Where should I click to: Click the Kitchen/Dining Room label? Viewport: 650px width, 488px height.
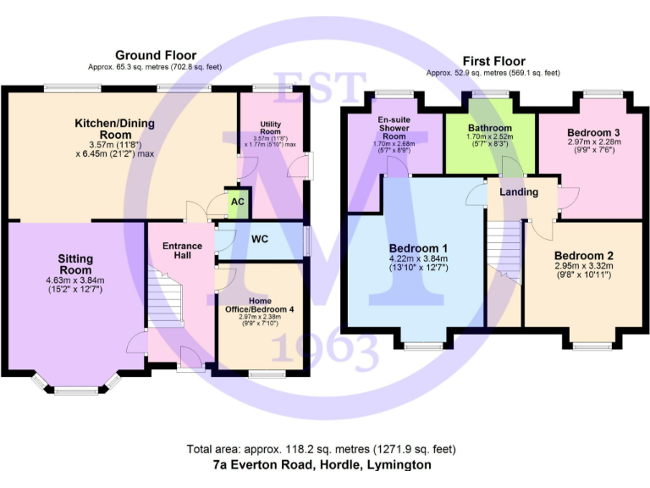pyautogui.click(x=114, y=129)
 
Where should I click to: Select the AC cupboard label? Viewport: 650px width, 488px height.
pyautogui.click(x=238, y=202)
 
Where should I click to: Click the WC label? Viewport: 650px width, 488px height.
pyautogui.click(x=260, y=239)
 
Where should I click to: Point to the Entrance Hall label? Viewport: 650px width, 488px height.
pyautogui.click(x=182, y=252)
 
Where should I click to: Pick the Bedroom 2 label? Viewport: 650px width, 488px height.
pyautogui.click(x=584, y=255)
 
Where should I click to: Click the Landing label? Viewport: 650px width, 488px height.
pyautogui.click(x=519, y=192)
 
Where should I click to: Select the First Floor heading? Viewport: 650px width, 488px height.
pyautogui.click(x=493, y=61)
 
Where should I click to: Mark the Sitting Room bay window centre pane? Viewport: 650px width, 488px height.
pyautogui.click(x=76, y=391)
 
